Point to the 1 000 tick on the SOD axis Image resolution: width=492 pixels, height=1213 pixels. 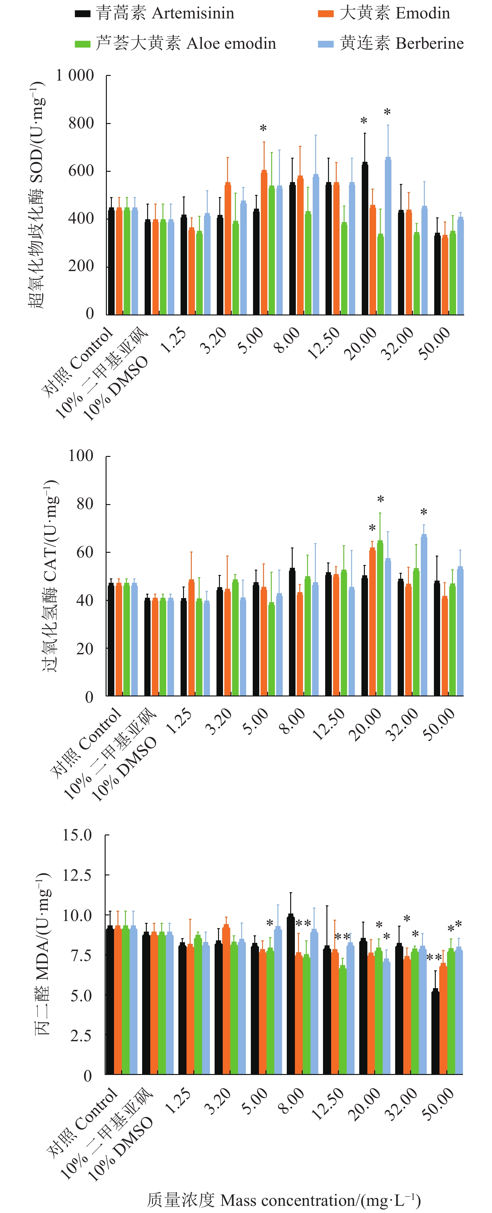(75, 75)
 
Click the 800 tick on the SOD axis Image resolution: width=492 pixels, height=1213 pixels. (81, 123)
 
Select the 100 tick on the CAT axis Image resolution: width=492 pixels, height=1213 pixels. (81, 456)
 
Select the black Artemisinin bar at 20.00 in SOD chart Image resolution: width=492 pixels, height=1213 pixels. (365, 238)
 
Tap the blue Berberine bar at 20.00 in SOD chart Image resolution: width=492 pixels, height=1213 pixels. (388, 235)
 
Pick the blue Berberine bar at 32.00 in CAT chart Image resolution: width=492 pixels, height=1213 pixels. (424, 615)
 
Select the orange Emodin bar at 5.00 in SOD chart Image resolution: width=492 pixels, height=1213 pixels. (264, 242)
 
